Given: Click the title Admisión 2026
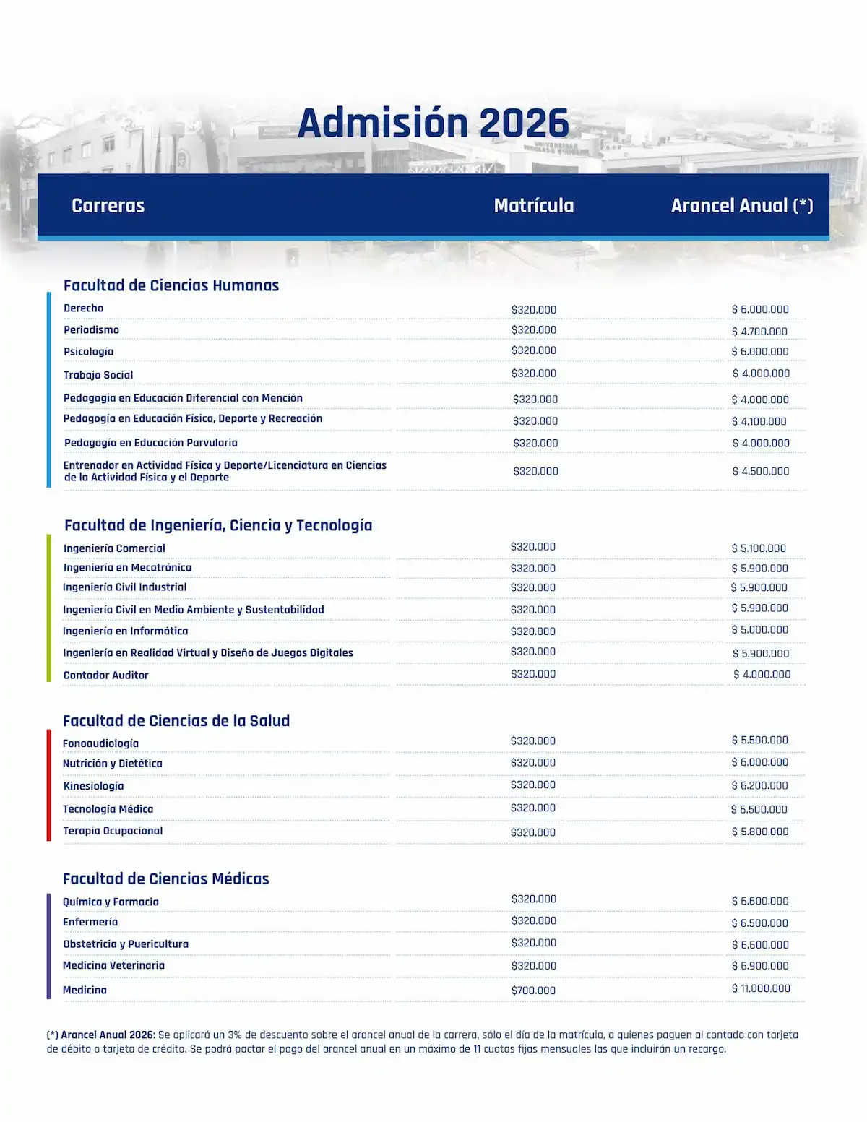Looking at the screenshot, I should [x=433, y=123].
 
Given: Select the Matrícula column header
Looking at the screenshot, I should [x=534, y=206].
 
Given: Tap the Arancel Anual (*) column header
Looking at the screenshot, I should [x=742, y=206].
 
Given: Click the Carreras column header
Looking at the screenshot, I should [x=108, y=206].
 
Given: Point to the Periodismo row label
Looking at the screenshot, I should [x=91, y=330].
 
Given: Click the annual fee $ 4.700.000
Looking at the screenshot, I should [x=759, y=332].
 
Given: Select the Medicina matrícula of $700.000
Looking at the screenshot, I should [x=533, y=991].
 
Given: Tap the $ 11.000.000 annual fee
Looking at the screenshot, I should [x=761, y=988].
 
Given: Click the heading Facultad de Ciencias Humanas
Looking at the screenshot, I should [x=171, y=285].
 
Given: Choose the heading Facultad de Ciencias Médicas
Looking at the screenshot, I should [x=165, y=879].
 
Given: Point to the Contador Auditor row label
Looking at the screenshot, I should [x=105, y=676].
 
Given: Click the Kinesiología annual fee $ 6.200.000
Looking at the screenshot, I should [x=759, y=785].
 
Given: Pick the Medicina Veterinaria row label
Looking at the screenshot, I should [x=113, y=965].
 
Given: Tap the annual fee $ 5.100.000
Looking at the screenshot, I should [x=759, y=548].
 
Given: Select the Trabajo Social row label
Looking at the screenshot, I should [x=98, y=375].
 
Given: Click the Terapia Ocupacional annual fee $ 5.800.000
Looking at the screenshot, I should [x=760, y=832].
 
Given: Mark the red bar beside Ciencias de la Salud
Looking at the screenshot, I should [x=48, y=785].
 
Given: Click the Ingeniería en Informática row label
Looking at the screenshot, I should [x=125, y=631].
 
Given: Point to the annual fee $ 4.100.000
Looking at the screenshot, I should [x=759, y=421].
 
